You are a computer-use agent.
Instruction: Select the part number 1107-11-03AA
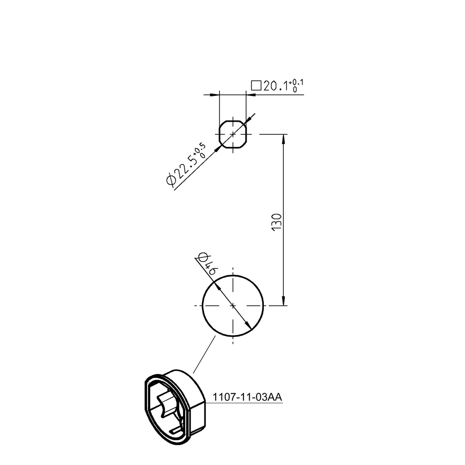click(248, 397)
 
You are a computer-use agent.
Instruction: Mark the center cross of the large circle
click(233, 306)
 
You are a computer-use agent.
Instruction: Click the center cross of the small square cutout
click(233, 134)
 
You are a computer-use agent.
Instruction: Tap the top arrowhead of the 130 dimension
click(284, 139)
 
